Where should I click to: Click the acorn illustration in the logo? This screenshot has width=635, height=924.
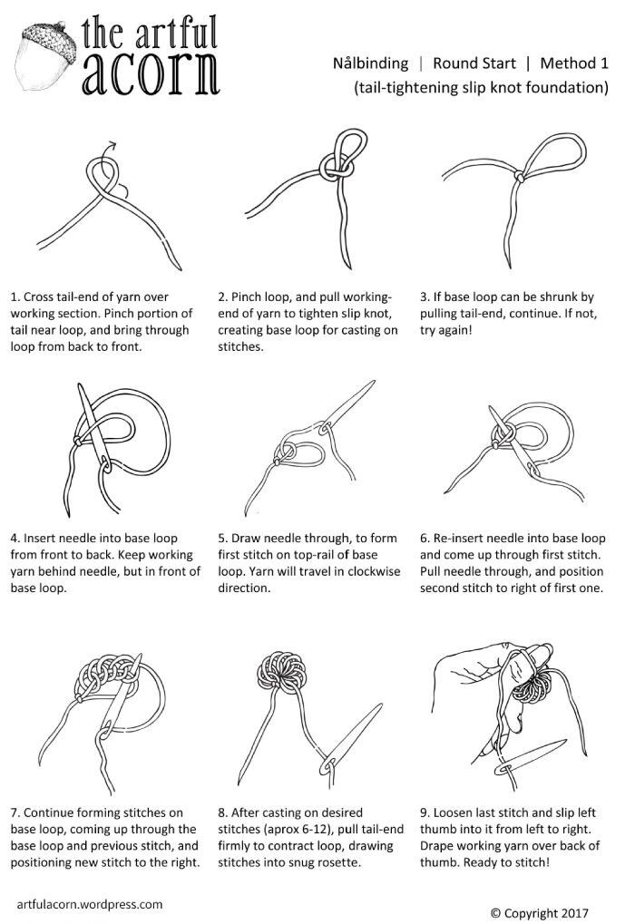pyautogui.click(x=46, y=58)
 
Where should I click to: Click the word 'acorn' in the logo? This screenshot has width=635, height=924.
pyautogui.click(x=151, y=74)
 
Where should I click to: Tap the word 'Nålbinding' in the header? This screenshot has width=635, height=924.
pyautogui.click(x=370, y=63)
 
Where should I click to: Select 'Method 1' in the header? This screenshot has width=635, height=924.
pyautogui.click(x=574, y=63)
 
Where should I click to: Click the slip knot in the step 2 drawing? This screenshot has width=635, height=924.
pyautogui.click(x=337, y=169)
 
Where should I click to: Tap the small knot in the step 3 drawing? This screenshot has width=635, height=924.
pyautogui.click(x=520, y=176)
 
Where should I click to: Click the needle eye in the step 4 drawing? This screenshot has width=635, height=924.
pyautogui.click(x=105, y=467)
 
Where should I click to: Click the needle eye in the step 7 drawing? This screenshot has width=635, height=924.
pyautogui.click(x=103, y=734)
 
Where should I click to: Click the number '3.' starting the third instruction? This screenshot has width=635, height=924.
pyautogui.click(x=425, y=297)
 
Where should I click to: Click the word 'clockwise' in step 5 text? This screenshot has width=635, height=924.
pyautogui.click(x=373, y=571)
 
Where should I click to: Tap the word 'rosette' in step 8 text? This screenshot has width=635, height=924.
pyautogui.click(x=338, y=862)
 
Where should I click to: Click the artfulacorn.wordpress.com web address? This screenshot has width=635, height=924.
pyautogui.click(x=90, y=904)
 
